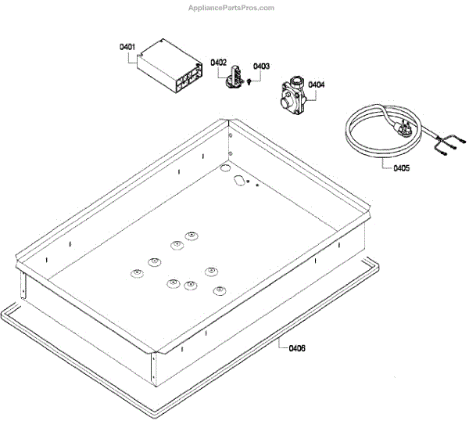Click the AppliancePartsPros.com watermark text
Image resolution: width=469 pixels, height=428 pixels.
tap(232, 8)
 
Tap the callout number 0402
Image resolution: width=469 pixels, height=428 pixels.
tap(219, 62)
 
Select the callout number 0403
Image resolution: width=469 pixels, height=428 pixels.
tap(261, 67)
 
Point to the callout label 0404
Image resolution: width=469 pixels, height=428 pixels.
tap(317, 84)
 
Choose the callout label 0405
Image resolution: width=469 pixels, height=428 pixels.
tap(400, 167)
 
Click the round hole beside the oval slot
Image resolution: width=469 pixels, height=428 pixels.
tap(224, 168)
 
